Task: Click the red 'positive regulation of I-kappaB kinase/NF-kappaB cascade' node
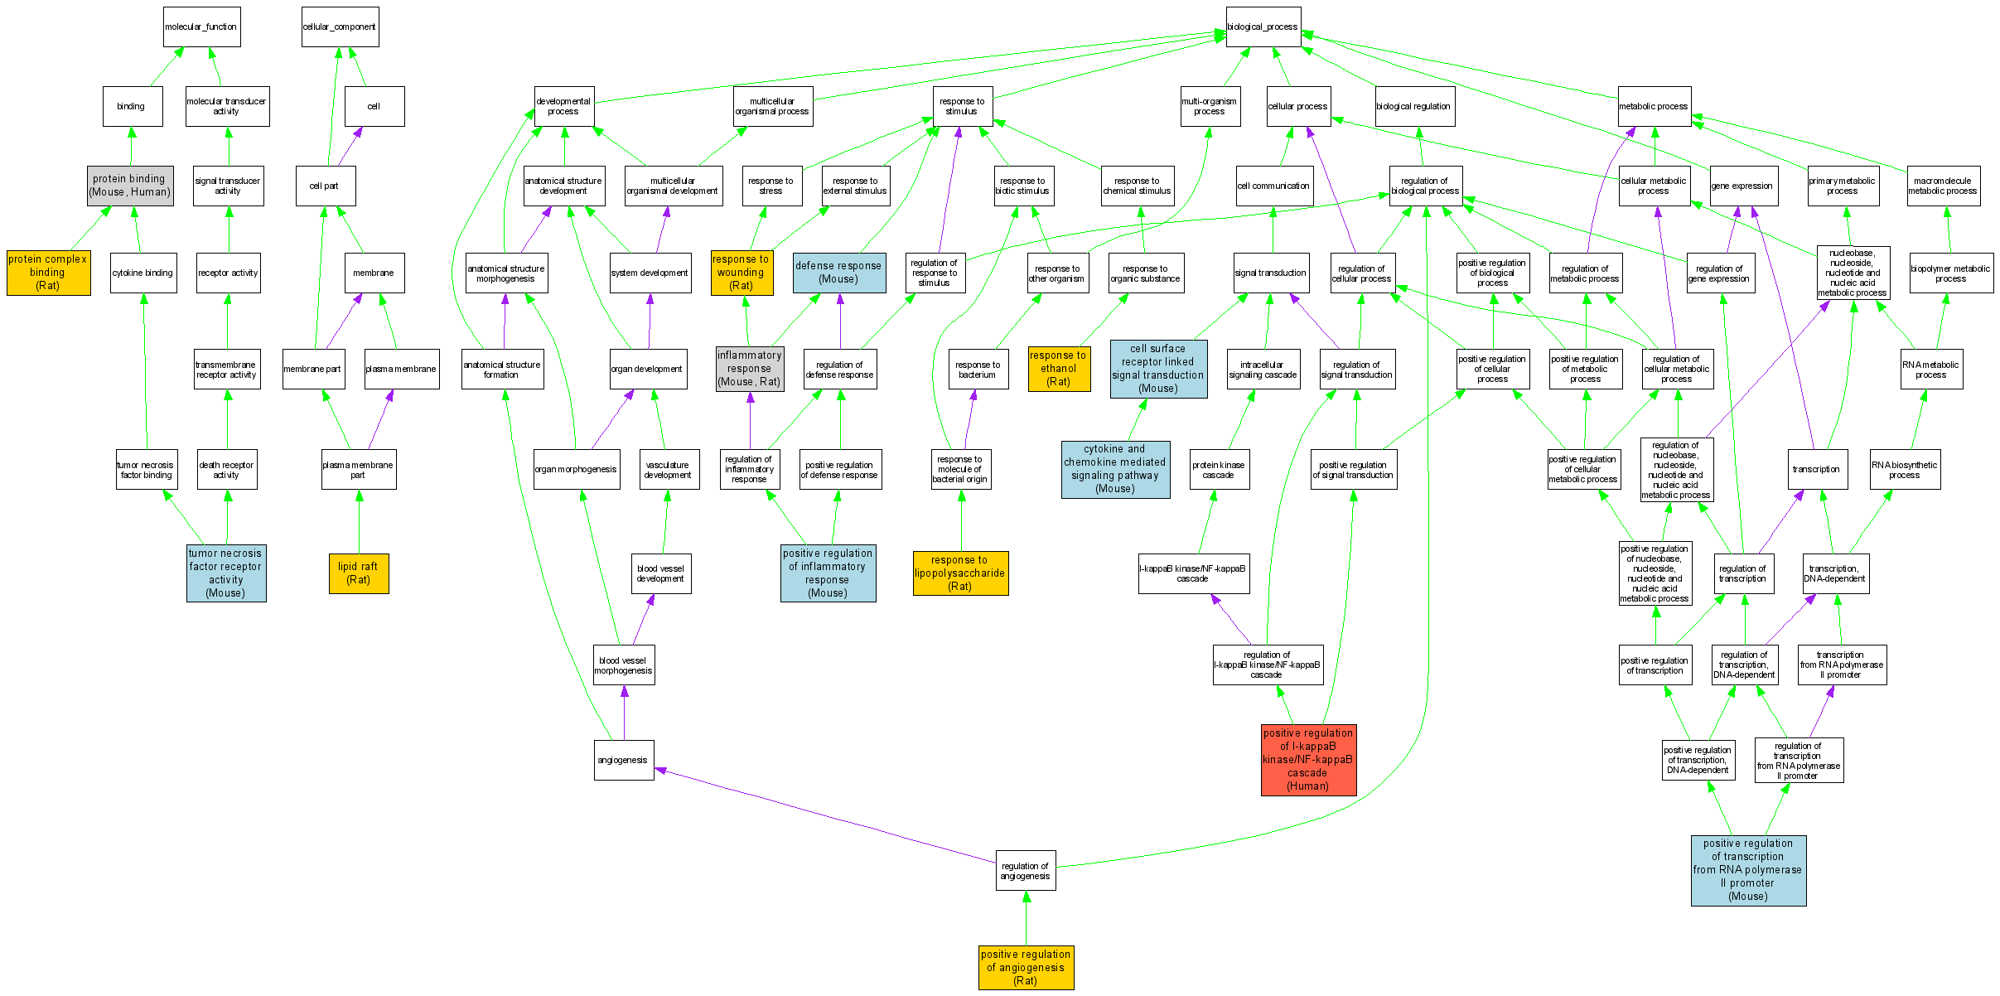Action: point(1308,760)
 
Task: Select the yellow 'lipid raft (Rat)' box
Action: point(358,573)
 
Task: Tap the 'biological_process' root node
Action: point(1263,27)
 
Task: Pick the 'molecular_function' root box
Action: point(201,27)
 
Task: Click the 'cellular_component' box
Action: point(340,27)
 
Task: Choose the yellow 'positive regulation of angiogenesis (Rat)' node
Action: point(1026,967)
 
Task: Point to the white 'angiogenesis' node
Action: point(623,760)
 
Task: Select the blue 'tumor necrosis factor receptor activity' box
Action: point(225,573)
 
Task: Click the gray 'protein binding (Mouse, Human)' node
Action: point(130,186)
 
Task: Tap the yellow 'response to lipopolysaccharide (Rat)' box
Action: point(960,573)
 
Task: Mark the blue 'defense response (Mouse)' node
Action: point(838,273)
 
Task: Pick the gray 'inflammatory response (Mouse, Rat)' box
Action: point(750,369)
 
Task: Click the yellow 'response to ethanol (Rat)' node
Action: point(1059,369)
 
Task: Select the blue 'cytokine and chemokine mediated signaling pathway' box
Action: point(1115,469)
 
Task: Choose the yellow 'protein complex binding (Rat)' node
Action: point(48,273)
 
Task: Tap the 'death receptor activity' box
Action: point(227,470)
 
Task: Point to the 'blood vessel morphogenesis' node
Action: point(624,665)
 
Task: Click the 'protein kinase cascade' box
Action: point(1219,470)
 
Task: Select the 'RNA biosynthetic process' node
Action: point(1905,470)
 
